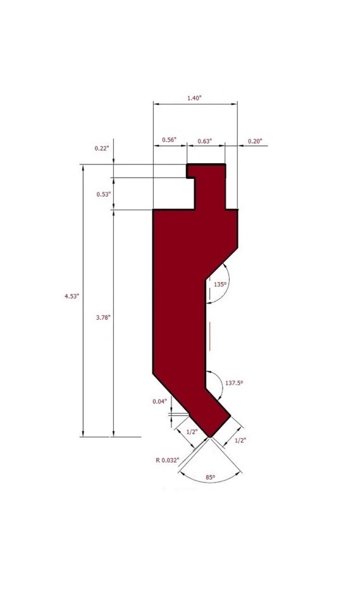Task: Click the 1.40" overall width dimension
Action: pyautogui.click(x=194, y=98)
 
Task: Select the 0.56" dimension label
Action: pyautogui.click(x=169, y=139)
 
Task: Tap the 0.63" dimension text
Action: pyautogui.click(x=205, y=140)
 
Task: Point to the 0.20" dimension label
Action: pyautogui.click(x=254, y=140)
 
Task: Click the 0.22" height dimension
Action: pyautogui.click(x=101, y=148)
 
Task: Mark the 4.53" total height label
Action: pyautogui.click(x=71, y=295)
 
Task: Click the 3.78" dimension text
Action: pyautogui.click(x=103, y=317)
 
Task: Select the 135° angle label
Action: pyautogui.click(x=220, y=285)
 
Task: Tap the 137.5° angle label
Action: pyautogui.click(x=234, y=383)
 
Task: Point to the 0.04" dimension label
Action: pyautogui.click(x=159, y=401)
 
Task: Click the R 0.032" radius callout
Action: pyautogui.click(x=168, y=460)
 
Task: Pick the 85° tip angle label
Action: pyautogui.click(x=210, y=477)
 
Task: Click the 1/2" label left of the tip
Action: pyautogui.click(x=191, y=431)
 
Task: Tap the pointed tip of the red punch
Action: pyautogui.click(x=211, y=437)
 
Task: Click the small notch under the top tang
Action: pyautogui.click(x=190, y=178)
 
